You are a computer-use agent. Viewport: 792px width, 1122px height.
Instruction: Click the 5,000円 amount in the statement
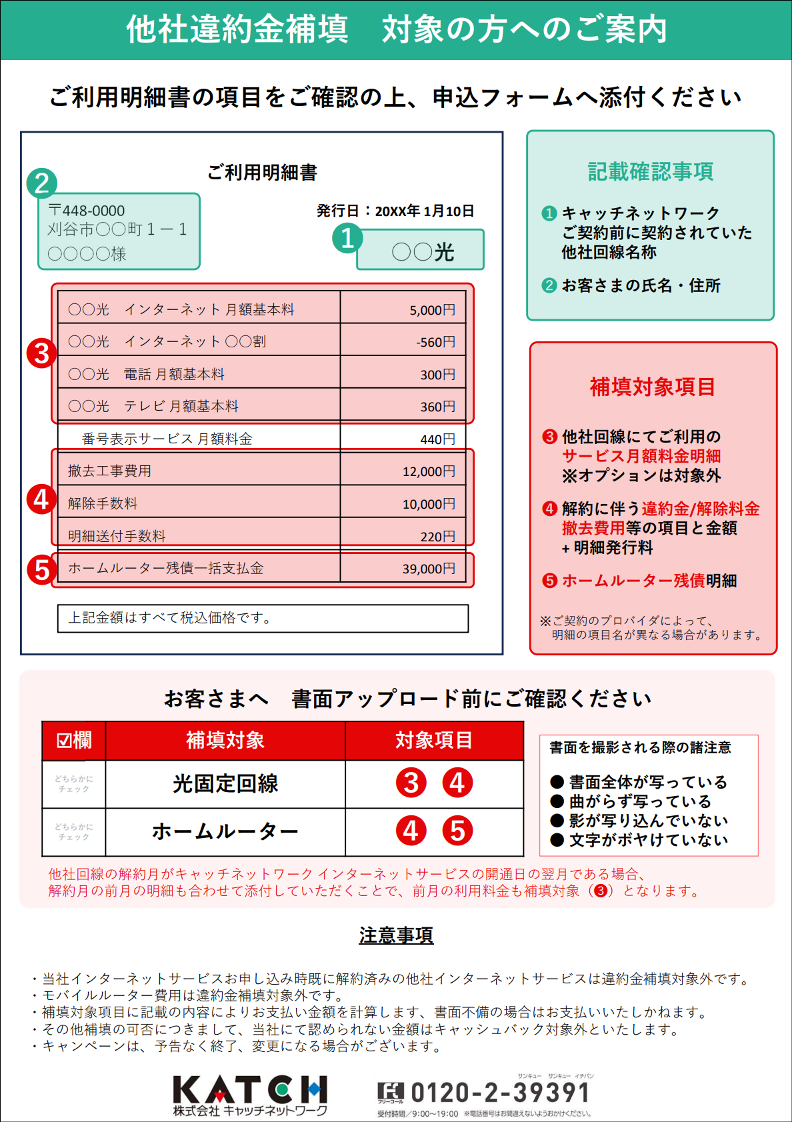coord(432,310)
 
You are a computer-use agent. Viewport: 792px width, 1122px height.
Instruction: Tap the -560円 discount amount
coord(435,342)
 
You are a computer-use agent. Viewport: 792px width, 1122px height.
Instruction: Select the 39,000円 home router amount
coord(428,569)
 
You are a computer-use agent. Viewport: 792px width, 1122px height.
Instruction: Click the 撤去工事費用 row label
coord(109,471)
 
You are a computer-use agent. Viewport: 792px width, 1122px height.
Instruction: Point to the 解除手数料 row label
coord(103,504)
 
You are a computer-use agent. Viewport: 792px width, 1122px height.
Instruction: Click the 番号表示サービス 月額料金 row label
coord(167,439)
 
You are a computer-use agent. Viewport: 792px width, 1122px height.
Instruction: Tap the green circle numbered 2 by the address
coord(42,183)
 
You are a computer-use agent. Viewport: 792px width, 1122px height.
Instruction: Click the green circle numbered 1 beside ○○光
coord(347,238)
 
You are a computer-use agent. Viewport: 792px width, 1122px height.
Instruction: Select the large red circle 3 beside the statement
coord(41,353)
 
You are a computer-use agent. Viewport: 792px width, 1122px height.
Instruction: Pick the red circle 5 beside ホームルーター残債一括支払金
coord(42,570)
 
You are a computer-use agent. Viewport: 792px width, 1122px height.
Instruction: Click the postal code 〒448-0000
coord(87,211)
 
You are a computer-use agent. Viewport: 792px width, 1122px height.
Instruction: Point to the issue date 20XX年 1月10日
coord(424,211)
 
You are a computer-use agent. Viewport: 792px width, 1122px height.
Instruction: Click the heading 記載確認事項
coord(650,172)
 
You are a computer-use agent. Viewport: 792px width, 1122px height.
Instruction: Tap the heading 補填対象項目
coord(653,387)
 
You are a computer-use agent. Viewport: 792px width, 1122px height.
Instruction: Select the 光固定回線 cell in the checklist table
coord(225,784)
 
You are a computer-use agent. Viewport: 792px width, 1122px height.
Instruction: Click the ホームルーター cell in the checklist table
coord(225,831)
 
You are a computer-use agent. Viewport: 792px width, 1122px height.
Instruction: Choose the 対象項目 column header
coord(434,740)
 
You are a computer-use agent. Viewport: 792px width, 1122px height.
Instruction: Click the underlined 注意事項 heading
coord(396,935)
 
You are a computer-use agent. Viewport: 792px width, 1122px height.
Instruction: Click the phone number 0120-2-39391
coord(500,1093)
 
